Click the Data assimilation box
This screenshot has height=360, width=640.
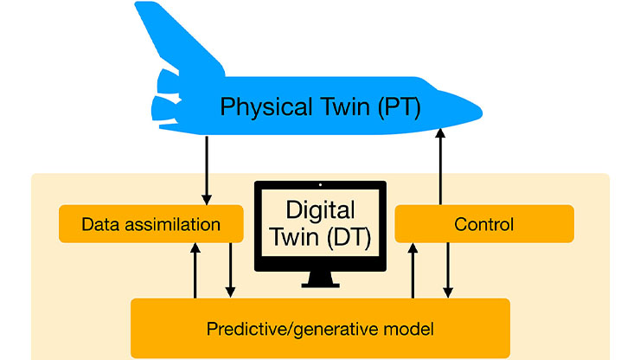151,224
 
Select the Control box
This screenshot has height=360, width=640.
484,224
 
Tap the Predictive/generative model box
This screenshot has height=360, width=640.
320,329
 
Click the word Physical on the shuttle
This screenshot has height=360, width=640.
266,107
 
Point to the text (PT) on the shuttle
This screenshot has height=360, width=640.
399,107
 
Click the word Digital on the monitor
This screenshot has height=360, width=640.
320,211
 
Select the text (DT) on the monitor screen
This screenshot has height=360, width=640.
349,237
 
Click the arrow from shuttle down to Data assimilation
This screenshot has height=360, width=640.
207,170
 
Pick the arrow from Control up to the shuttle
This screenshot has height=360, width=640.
440,166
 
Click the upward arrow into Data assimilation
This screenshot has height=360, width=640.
195,271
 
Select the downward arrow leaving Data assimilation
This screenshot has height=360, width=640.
230,270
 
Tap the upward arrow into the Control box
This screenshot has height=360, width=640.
413,271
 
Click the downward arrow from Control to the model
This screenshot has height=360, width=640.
448,270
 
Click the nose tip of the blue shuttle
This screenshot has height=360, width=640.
482,112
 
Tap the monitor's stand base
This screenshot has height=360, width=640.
320,285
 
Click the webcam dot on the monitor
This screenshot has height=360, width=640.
320,185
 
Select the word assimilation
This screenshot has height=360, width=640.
173,224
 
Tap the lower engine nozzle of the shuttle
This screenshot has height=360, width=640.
164,109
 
